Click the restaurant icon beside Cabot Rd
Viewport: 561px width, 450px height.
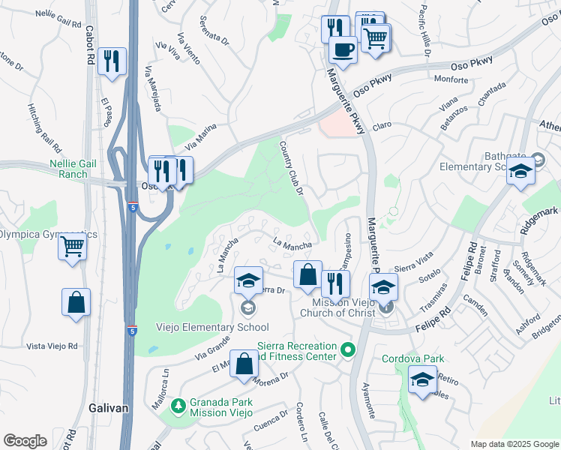coord(112,62)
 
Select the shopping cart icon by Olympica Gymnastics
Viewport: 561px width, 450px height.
coord(72,245)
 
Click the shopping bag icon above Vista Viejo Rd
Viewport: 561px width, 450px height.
coord(76,303)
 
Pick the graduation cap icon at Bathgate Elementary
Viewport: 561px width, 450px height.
coord(520,171)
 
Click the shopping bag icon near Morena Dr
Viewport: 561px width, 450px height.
coord(244,364)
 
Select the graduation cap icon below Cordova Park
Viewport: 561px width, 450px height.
coord(423,380)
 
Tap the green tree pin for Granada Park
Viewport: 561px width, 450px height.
coord(178,406)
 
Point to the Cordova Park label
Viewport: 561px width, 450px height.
coord(413,358)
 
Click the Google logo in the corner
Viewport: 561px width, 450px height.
coord(25,441)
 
